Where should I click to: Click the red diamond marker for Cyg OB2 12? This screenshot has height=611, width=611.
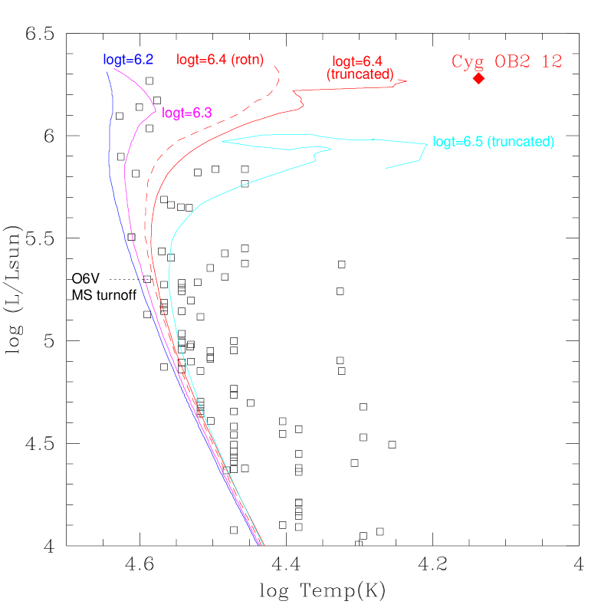(x=478, y=78)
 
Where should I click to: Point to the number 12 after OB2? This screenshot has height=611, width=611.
(x=552, y=62)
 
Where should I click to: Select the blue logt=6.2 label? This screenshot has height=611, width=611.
(x=128, y=59)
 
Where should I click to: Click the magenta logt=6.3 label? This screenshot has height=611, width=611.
(x=186, y=113)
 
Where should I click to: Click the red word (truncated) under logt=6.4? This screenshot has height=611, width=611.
(x=360, y=74)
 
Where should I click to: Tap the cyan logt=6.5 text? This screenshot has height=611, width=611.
(x=458, y=142)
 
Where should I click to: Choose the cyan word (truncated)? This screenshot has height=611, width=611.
(x=521, y=142)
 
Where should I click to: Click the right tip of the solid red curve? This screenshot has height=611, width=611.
(x=407, y=81)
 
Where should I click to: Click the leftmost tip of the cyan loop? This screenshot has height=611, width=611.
(x=222, y=141)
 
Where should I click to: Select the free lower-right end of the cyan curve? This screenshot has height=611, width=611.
(x=385, y=168)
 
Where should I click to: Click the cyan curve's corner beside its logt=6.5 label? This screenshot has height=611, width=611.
(x=426, y=143)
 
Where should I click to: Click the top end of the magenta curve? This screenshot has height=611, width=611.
(x=113, y=69)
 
